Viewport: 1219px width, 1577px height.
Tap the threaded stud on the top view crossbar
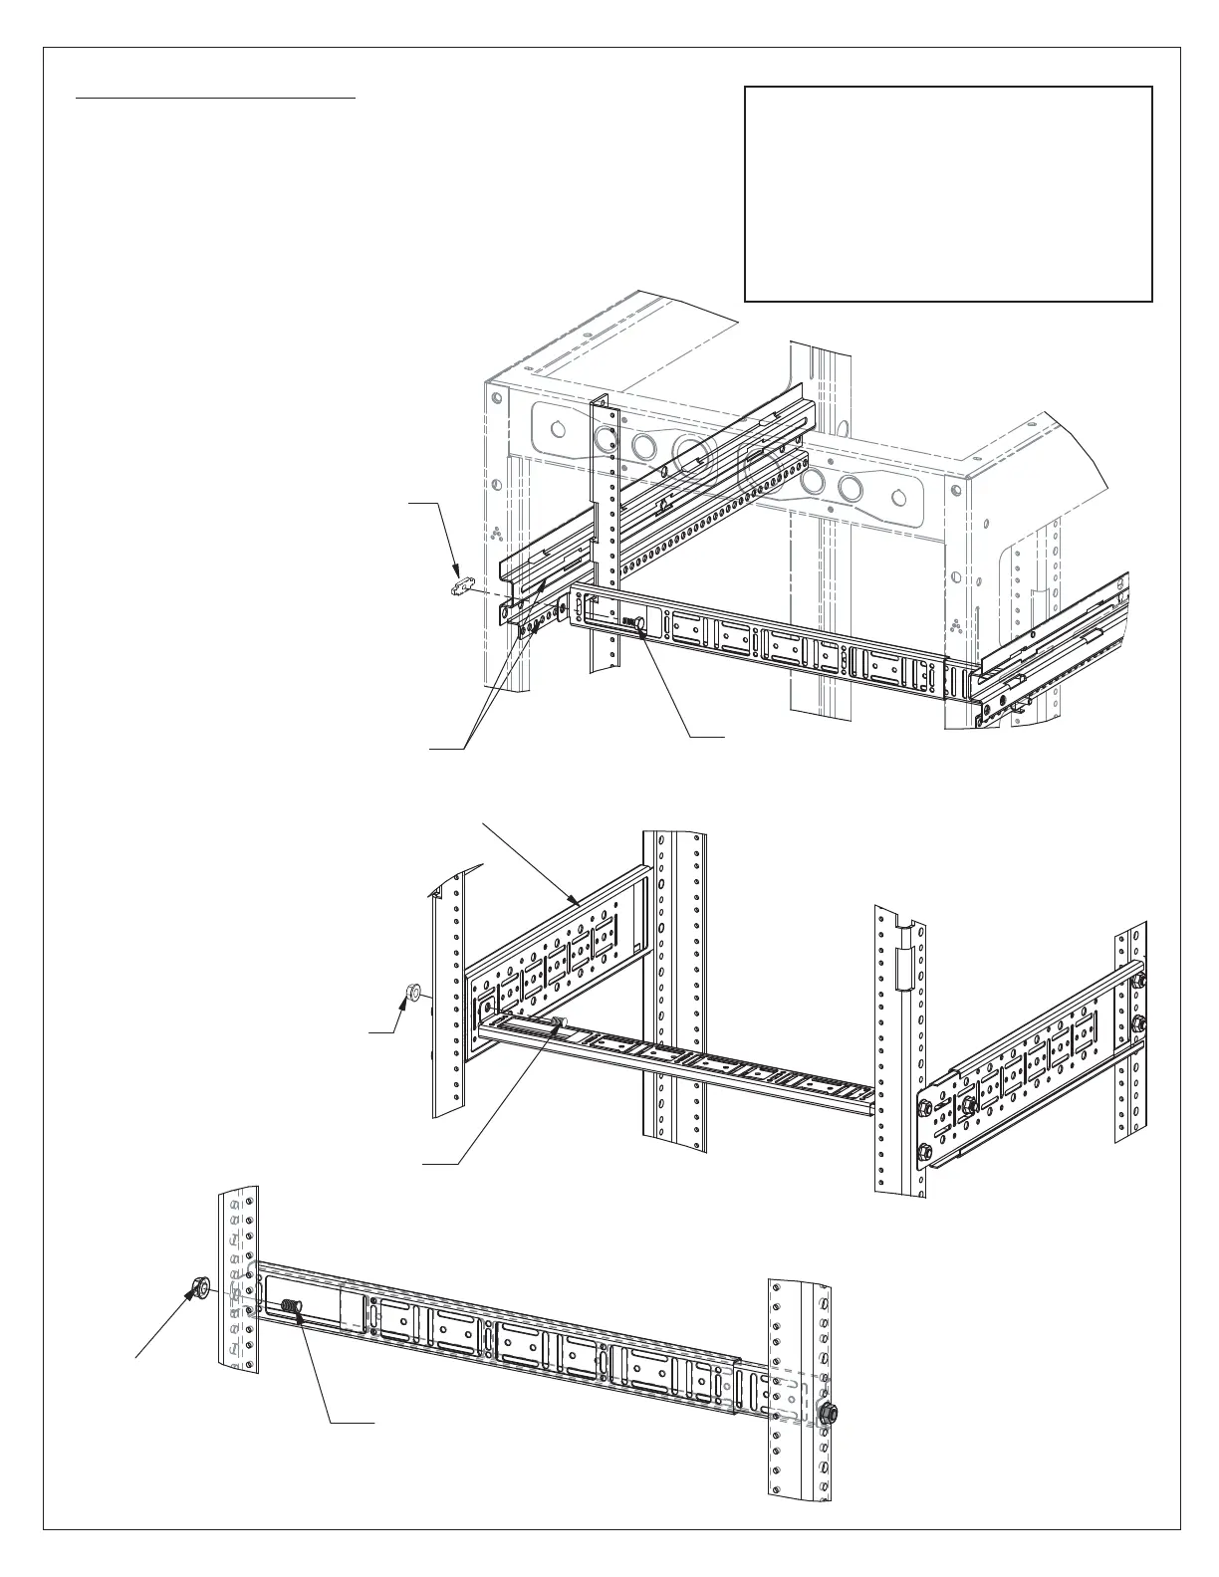(x=633, y=622)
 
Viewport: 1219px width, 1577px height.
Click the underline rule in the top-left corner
(x=217, y=99)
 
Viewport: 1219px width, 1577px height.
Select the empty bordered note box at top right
(x=948, y=193)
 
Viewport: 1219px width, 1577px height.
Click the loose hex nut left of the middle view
(x=412, y=992)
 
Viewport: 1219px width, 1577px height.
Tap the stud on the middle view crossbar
(x=559, y=1022)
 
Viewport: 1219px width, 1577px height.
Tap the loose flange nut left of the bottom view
(x=197, y=1288)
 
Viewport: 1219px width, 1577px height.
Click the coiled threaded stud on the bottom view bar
(x=290, y=1306)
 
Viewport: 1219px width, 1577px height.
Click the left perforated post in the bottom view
(x=239, y=1279)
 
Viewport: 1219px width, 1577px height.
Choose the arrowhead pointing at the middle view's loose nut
(x=404, y=1002)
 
